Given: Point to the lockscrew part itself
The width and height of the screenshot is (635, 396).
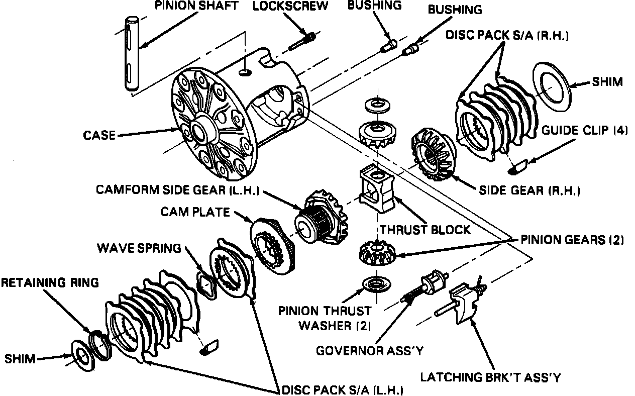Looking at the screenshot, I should (x=302, y=41).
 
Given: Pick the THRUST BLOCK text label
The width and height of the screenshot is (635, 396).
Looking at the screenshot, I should (x=425, y=230).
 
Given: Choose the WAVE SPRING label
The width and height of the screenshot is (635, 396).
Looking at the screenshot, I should (x=139, y=248).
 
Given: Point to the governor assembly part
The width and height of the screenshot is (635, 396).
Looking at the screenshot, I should (x=427, y=286).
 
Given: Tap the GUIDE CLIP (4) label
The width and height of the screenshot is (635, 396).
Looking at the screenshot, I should (x=584, y=130).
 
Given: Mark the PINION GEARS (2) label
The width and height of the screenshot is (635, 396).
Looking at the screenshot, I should (x=571, y=240).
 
